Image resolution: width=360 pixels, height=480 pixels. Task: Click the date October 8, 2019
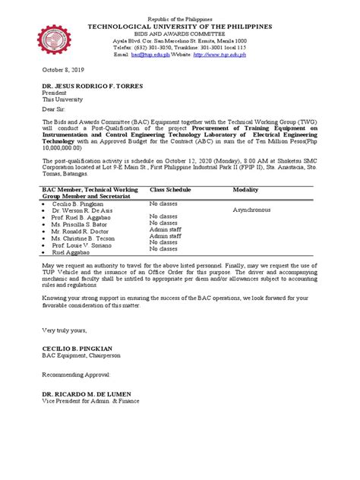tap(64, 66)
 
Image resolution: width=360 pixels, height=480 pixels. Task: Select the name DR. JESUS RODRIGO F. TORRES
tap(92, 85)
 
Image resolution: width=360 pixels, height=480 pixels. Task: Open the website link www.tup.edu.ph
tap(229, 55)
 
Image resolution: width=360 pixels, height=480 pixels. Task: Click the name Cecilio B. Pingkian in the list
tap(81, 204)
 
